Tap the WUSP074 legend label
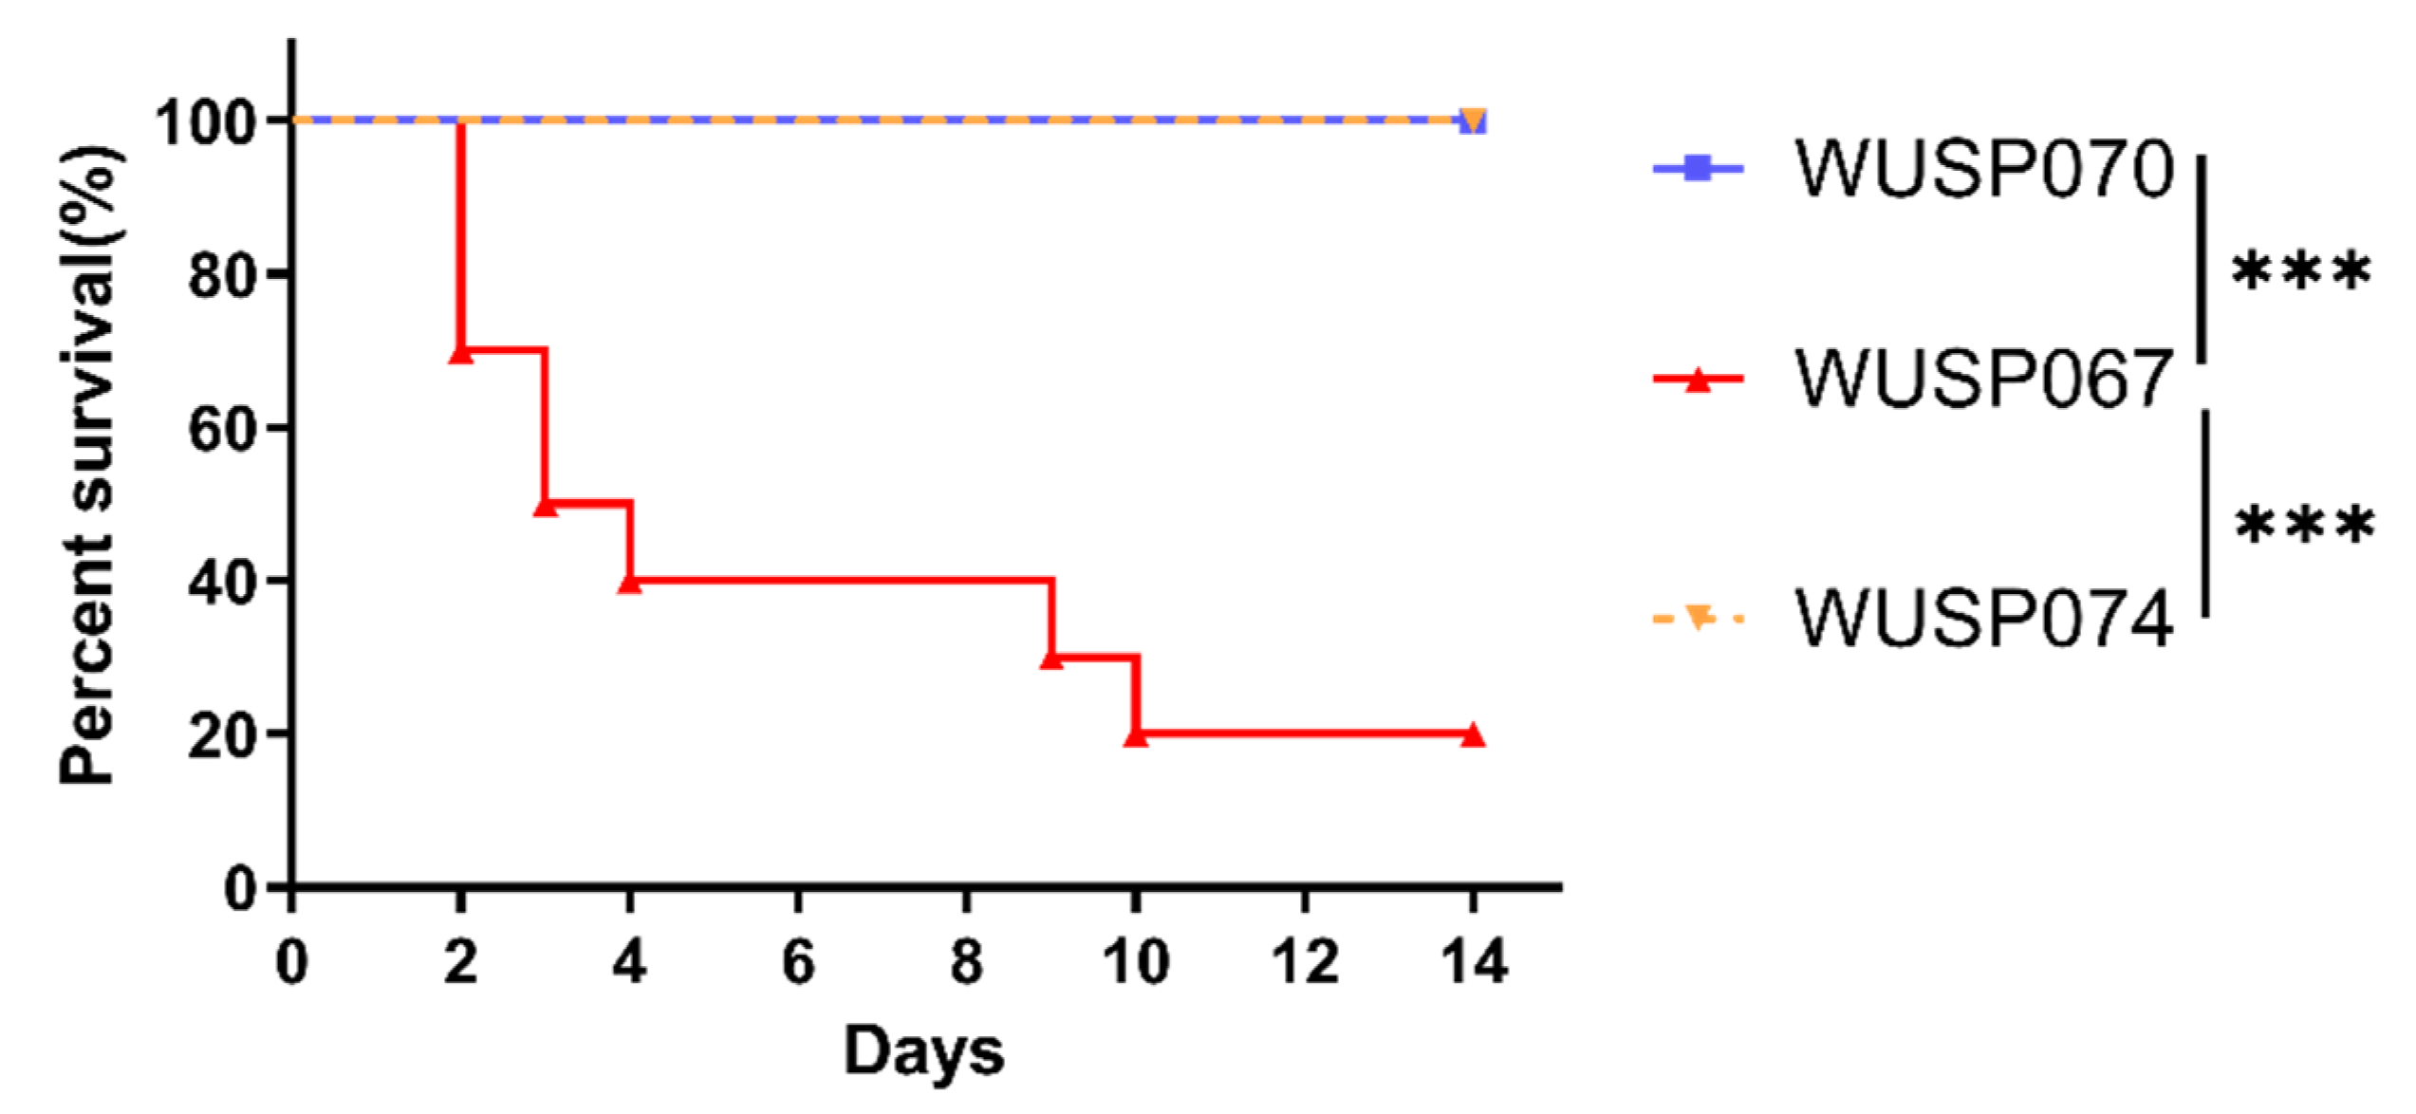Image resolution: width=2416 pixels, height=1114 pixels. coord(1983,620)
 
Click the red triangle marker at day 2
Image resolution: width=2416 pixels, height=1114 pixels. coord(460,353)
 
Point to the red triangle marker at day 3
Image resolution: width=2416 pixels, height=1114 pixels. coord(546,506)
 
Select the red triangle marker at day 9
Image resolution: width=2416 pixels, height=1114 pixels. coord(1051,659)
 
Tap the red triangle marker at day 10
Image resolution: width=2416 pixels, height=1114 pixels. coord(1136,735)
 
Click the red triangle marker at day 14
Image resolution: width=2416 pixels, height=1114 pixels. coord(1473,735)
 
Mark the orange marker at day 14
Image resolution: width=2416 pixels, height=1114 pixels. coord(1473,121)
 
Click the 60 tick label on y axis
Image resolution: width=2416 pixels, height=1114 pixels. coord(222,429)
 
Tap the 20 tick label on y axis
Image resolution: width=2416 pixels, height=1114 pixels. coord(222,735)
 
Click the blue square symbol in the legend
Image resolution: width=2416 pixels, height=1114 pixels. coord(1699,170)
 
